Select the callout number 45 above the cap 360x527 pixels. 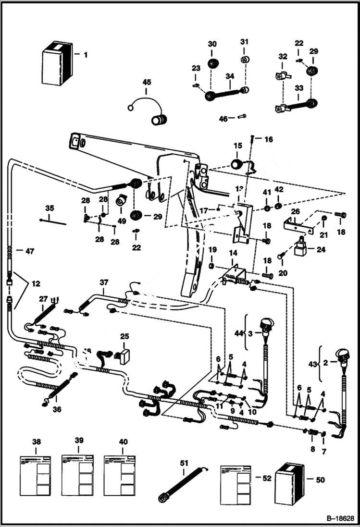(x=147, y=82)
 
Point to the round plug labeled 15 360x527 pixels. (x=236, y=164)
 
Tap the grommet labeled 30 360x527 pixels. (x=212, y=63)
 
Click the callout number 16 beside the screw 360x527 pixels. (x=268, y=139)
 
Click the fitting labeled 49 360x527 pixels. (x=122, y=199)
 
